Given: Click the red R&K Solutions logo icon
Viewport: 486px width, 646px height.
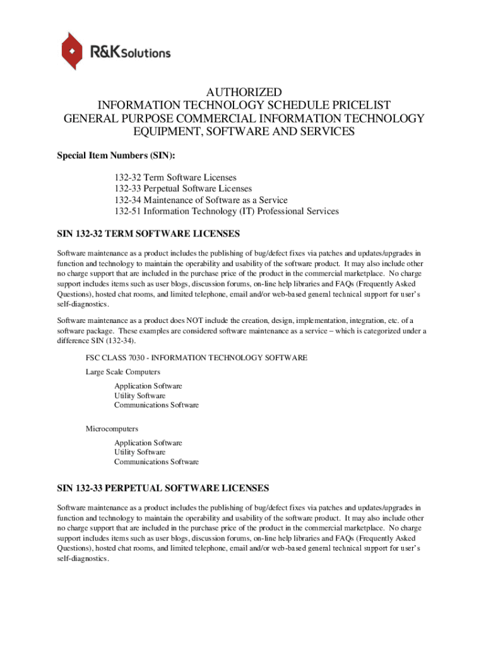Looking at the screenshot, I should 71,50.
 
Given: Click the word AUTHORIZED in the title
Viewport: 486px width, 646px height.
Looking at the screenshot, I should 243,92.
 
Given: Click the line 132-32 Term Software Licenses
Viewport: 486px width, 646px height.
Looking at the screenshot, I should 175,178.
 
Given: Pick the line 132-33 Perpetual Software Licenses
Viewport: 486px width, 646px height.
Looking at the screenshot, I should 183,189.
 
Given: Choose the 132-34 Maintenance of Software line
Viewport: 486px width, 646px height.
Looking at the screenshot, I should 201,200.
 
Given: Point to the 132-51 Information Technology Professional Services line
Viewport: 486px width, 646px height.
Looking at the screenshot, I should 227,211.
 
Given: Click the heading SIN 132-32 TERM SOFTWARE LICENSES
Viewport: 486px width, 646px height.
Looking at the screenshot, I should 148,234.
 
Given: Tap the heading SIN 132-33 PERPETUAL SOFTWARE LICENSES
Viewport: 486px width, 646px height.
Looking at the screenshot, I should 163,488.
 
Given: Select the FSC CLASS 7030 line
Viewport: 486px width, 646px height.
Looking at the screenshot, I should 196,358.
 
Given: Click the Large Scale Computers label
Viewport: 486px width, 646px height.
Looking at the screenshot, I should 122,372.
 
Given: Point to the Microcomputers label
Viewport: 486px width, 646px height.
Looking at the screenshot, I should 112,429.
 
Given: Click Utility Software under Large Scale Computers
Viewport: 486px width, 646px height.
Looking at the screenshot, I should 139,396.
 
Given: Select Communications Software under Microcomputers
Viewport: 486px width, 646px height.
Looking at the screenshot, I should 156,462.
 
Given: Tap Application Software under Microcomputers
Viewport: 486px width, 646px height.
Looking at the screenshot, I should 148,443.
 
